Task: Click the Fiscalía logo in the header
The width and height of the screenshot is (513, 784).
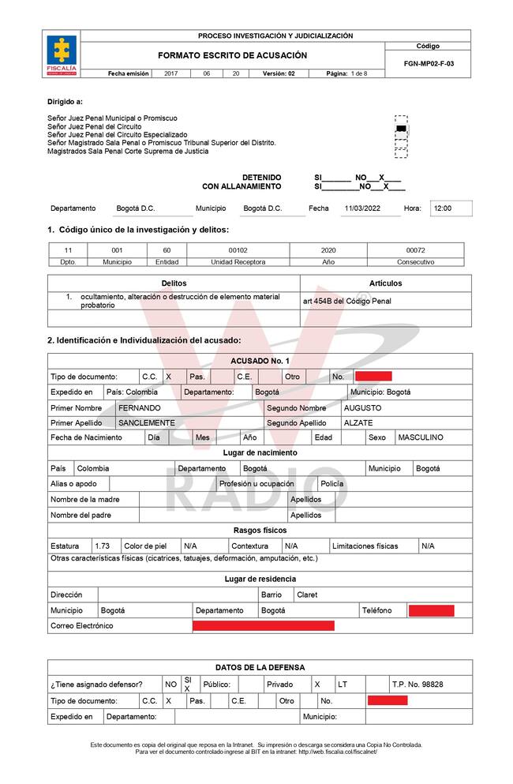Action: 62,54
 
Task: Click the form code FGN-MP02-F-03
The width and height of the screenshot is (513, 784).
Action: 428,63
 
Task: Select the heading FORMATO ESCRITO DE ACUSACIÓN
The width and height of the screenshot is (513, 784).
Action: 232,55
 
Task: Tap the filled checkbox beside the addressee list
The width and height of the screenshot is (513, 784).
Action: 401,128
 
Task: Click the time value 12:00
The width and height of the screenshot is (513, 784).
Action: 443,208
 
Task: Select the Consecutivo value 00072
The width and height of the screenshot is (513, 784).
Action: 415,249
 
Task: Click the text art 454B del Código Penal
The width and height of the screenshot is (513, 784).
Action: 346,301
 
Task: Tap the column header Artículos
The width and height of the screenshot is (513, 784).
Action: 385,283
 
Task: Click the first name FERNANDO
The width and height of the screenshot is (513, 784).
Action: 139,408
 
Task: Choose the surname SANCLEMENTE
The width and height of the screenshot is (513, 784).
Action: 147,423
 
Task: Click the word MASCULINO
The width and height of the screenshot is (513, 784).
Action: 421,437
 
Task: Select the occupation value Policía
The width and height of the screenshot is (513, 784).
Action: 332,483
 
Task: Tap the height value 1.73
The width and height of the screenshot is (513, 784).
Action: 102,546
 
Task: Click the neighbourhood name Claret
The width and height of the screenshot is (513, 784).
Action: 307,595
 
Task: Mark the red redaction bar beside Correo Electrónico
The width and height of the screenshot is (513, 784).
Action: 264,626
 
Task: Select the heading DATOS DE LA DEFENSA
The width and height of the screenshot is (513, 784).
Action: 260,667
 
